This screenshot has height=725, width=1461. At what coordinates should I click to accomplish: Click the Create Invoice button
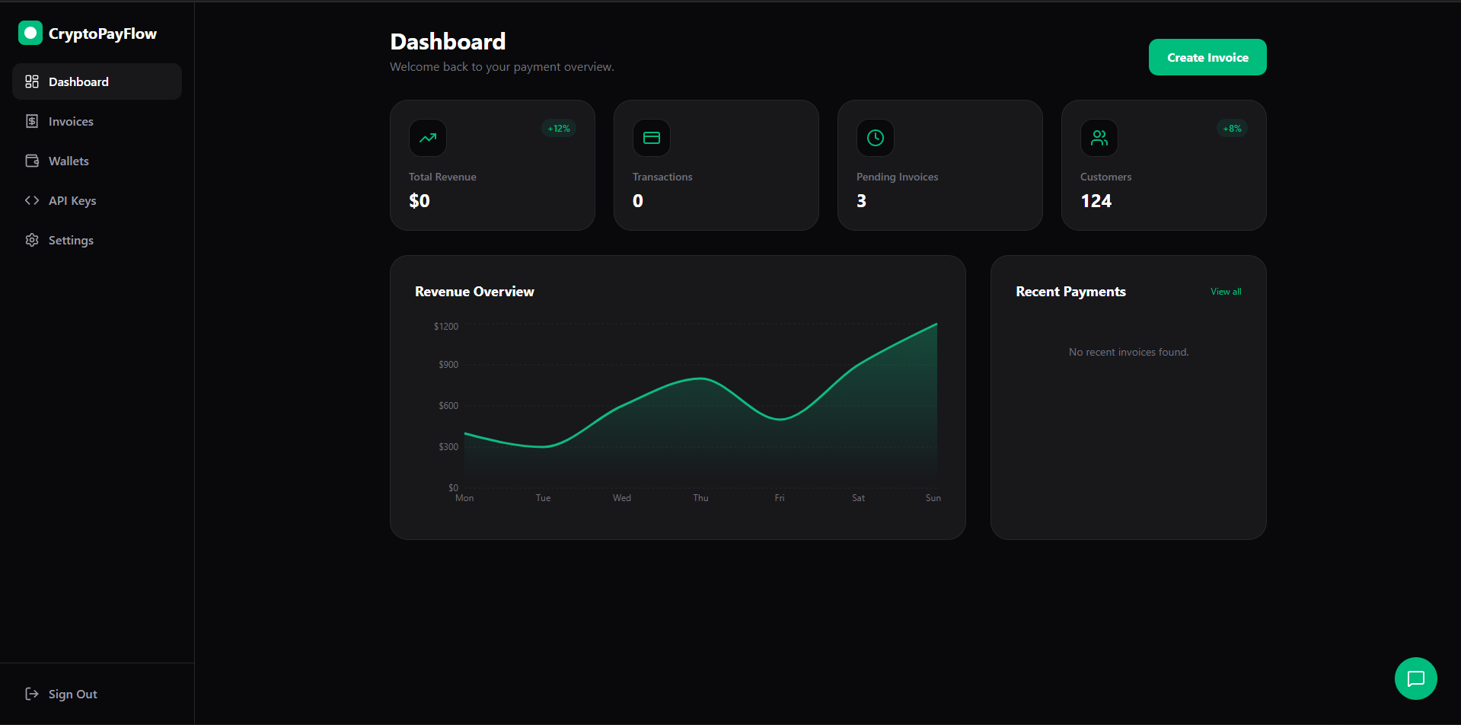click(1207, 57)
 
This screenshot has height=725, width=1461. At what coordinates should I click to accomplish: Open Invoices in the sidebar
click(71, 121)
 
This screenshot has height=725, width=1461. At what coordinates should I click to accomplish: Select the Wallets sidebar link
click(69, 161)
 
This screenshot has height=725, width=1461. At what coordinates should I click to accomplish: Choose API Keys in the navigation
click(72, 200)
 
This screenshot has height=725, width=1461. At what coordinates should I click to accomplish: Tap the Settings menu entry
click(71, 240)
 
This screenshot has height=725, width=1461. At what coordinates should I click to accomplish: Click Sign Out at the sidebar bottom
click(72, 694)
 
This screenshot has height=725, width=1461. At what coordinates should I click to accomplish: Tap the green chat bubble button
click(1415, 678)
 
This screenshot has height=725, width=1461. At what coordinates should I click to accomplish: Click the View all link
click(1226, 292)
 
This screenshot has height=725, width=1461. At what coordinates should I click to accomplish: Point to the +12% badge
click(559, 129)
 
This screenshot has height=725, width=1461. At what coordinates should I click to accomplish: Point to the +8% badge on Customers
click(1232, 129)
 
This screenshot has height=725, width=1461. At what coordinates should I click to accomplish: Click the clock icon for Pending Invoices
click(876, 138)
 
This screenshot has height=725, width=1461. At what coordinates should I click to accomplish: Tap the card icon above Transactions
click(652, 138)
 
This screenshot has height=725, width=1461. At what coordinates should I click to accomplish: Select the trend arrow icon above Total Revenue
click(428, 138)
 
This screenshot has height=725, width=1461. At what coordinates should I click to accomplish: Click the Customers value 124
click(1096, 201)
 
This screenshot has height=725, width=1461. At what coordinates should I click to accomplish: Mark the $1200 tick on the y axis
click(446, 327)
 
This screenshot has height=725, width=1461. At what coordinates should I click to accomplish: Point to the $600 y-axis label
click(448, 406)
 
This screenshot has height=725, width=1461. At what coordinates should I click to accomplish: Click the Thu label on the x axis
click(700, 498)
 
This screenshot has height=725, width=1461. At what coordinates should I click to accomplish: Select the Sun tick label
click(933, 498)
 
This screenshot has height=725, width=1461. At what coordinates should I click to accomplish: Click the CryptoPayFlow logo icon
click(30, 33)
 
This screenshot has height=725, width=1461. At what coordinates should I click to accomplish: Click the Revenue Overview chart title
click(474, 292)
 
